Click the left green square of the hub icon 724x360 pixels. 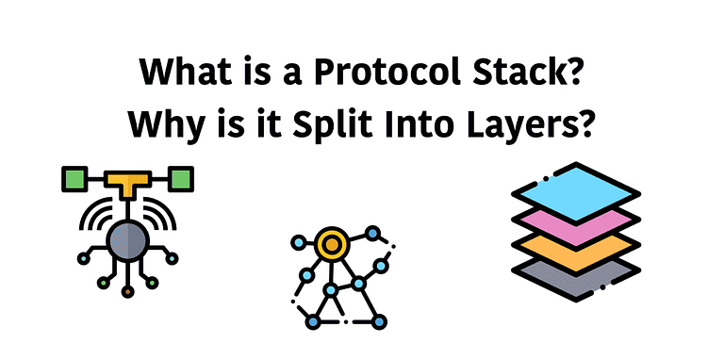coord(74,177)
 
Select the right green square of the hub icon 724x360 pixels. coord(181,177)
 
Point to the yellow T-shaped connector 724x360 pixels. coord(127,181)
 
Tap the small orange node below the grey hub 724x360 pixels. coord(127,291)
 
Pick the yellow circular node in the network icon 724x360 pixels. coord(331,245)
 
